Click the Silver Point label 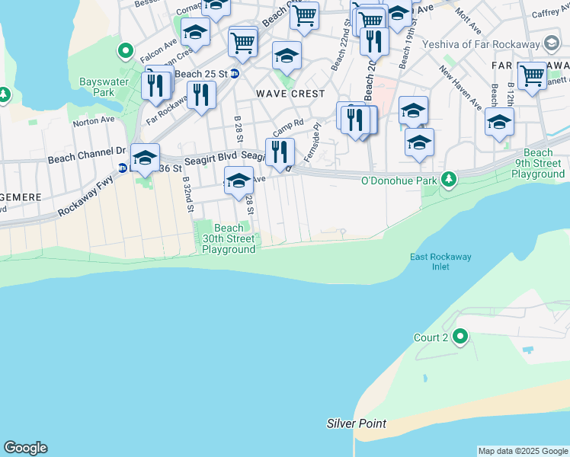coord(356,423)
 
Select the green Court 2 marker coord(460,336)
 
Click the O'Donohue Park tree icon coord(450,180)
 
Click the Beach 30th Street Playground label coord(229,238)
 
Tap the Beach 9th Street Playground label coord(538,164)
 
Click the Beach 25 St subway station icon coord(235,74)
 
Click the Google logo coord(25,448)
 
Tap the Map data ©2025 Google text coord(522,451)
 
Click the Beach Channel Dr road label coord(86,156)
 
